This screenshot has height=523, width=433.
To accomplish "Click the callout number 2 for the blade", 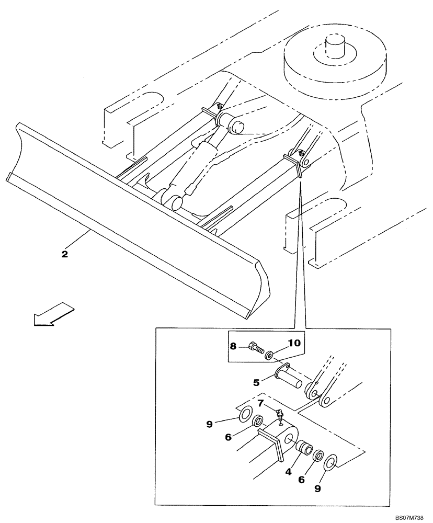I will [x=64, y=254].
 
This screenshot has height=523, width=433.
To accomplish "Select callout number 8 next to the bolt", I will [x=233, y=345].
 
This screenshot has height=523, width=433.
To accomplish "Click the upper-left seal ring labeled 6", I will [x=258, y=422].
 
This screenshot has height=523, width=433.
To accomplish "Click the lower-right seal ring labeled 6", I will [x=317, y=457].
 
